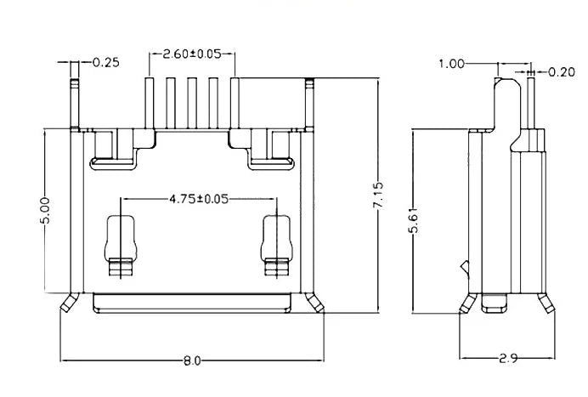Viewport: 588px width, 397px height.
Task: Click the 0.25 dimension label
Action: (x=106, y=62)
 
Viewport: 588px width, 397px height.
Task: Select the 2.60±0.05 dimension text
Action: (x=192, y=54)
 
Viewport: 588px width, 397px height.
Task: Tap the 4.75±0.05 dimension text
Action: (x=199, y=199)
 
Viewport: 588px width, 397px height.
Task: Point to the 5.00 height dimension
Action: (x=45, y=211)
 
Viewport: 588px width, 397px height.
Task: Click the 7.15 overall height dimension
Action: (x=378, y=195)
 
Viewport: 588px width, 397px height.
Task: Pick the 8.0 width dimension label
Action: (x=192, y=361)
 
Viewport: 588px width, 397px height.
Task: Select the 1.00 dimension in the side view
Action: (x=451, y=64)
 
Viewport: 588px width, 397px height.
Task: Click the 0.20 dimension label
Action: (x=562, y=71)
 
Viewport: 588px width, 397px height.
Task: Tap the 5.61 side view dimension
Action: (x=412, y=221)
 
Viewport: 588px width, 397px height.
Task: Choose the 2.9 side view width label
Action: (x=508, y=359)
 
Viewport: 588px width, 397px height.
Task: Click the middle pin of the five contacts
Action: (x=192, y=104)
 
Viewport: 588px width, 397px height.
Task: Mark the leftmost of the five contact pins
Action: (x=149, y=104)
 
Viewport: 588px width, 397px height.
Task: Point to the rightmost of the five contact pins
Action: (x=235, y=104)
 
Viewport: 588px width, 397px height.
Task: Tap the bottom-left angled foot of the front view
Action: (x=69, y=303)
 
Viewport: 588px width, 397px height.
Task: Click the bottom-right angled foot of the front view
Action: (x=315, y=303)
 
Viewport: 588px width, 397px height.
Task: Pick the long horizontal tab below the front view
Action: (x=192, y=303)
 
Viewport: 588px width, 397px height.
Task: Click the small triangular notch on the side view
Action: (x=466, y=269)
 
